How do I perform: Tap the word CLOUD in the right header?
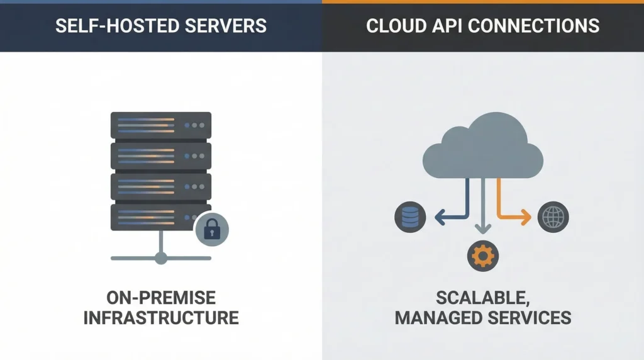tap(397, 26)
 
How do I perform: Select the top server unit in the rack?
tap(161, 125)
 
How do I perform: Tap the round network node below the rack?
tap(161, 257)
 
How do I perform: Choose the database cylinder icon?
tap(407, 218)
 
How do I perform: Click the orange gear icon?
tap(483, 255)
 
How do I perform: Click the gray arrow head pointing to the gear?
tap(483, 231)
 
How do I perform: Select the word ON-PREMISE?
tap(161, 297)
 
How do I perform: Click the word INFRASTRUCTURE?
tap(161, 317)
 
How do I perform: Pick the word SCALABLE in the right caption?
tap(482, 297)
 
